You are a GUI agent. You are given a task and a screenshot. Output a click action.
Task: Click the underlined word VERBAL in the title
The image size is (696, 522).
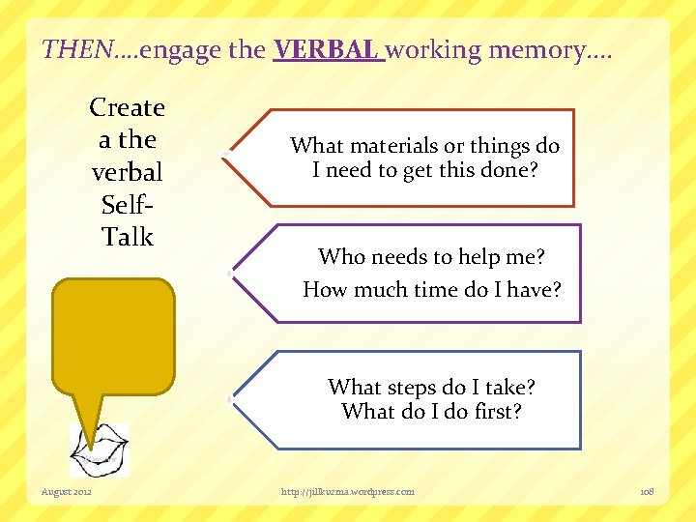[x=328, y=48]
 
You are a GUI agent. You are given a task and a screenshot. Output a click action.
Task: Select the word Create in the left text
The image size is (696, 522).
[x=127, y=107]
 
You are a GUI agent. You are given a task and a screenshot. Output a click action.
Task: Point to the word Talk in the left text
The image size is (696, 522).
[x=128, y=237]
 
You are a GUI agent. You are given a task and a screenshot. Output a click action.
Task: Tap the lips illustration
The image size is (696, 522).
[x=99, y=450]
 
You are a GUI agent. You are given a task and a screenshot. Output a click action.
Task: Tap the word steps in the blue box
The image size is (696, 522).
[x=412, y=388]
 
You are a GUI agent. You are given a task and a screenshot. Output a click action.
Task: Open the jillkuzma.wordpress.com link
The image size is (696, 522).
[x=347, y=492]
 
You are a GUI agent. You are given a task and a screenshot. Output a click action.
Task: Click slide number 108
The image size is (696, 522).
[x=647, y=492]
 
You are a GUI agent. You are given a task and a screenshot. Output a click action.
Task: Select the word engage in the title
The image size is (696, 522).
[x=183, y=48]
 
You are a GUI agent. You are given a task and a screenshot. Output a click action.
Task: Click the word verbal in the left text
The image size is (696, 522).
[x=127, y=172]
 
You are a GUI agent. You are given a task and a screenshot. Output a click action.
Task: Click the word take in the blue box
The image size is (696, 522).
[x=503, y=388]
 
